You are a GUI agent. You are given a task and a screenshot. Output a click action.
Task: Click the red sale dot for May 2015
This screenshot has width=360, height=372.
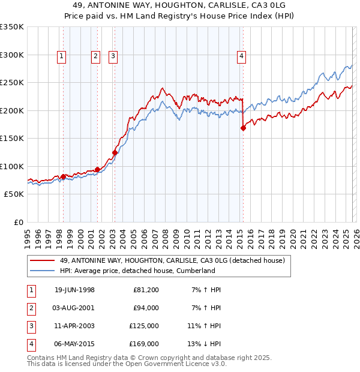click(x=243, y=127)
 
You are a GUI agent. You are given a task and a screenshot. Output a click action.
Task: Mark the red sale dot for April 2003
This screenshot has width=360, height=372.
click(x=115, y=152)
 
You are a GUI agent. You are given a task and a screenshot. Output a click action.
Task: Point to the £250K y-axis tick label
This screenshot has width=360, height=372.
click(x=12, y=83)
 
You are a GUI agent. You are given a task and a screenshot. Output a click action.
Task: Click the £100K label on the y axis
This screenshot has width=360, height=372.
click(x=12, y=166)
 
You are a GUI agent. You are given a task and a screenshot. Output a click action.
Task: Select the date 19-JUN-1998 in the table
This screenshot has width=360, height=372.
click(x=74, y=290)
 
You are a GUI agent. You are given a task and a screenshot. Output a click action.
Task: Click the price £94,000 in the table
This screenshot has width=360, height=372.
click(x=146, y=308)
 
